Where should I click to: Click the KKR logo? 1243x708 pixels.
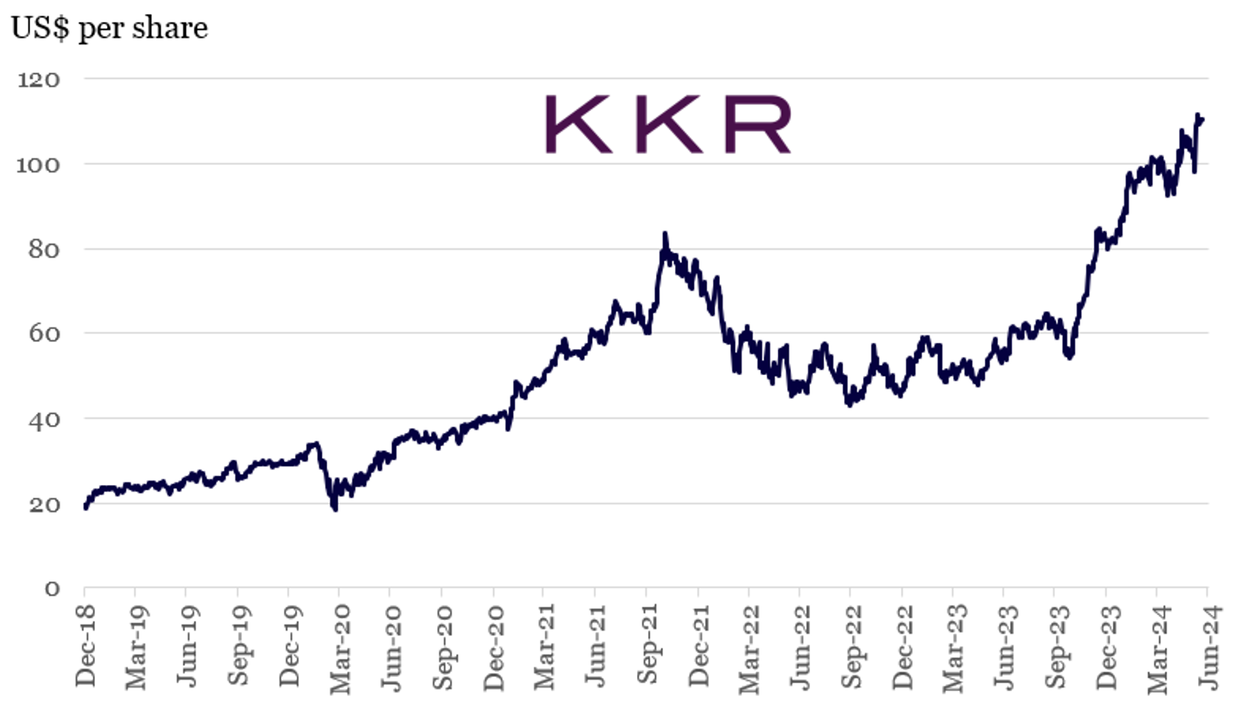tap(668, 125)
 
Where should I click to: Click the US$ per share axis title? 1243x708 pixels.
tap(109, 28)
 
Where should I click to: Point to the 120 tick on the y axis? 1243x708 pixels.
tap(39, 80)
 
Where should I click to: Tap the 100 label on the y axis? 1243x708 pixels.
tap(39, 165)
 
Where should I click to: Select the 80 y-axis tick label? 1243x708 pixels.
tap(44, 249)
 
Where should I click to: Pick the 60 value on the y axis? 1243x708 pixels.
tap(44, 334)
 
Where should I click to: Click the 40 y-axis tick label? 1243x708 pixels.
tap(44, 419)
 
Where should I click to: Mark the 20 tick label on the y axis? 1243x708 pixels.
tap(44, 505)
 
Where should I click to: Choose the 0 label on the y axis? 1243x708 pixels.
tap(52, 588)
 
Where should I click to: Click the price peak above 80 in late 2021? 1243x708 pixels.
tap(664, 234)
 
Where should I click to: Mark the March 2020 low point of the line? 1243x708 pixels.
tap(335, 509)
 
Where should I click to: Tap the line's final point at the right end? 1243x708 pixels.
tap(1202, 120)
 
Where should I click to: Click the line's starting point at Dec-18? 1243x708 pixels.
tap(85, 507)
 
